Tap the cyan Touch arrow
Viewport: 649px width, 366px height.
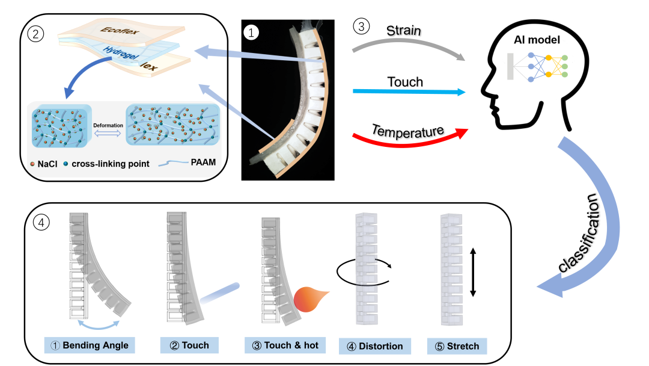409,92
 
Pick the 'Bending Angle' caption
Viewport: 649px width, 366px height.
90,345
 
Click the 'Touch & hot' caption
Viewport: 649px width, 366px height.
285,345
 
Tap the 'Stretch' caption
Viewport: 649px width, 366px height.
457,346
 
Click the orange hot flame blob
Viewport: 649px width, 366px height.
309,299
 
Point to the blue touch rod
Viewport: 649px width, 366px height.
219,293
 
